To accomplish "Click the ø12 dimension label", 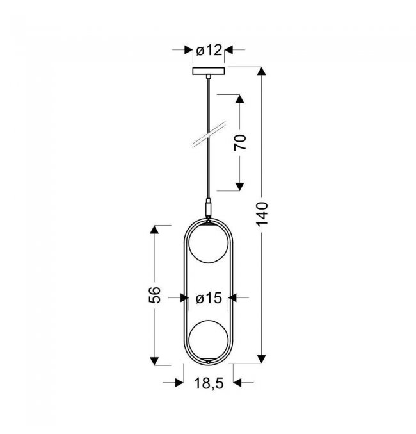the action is pos(209,51).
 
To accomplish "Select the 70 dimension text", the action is pos(240,142).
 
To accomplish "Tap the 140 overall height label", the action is pos(262,214).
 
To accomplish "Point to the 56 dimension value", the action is pos(154,295).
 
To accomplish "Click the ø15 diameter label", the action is pos(209,298).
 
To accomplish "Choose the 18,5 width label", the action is pos(209,383).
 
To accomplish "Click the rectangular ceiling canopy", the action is pos(209,71).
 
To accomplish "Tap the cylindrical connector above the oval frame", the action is pos(209,208).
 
